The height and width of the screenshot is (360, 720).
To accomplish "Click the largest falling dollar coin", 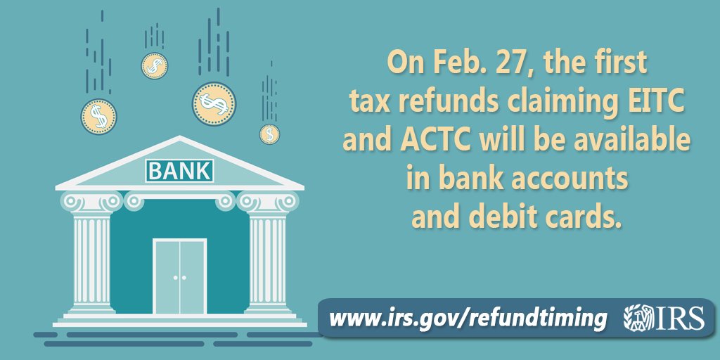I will pos(213,104).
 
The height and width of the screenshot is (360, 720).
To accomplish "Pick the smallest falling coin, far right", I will pos(269,134).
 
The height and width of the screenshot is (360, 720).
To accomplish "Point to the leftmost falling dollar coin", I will pos(98,116).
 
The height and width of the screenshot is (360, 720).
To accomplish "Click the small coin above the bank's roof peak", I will pos(154,65).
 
